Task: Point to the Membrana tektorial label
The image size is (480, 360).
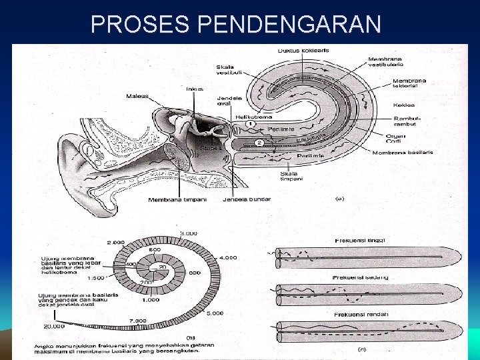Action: point(409,85)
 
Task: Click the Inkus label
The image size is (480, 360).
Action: point(195,89)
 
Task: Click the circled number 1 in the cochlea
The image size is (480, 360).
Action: point(249,125)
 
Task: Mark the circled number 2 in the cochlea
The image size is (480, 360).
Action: point(260,143)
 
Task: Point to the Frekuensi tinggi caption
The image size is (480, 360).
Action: point(361,241)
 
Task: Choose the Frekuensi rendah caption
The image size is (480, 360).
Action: point(361,314)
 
